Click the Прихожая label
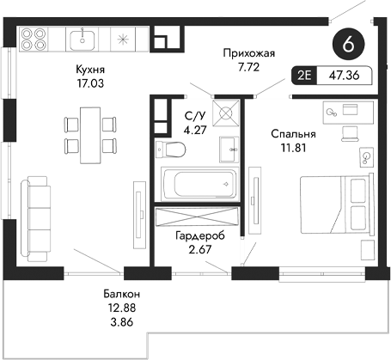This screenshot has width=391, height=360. click(x=247, y=52)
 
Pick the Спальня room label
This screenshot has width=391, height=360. click(x=293, y=134)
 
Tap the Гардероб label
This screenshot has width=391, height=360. click(x=198, y=235)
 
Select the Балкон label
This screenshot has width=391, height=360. click(x=119, y=295)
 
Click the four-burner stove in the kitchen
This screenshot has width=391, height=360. click(x=33, y=40)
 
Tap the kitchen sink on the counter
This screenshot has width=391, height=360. click(x=86, y=40)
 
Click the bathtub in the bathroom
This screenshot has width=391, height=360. click(x=199, y=183)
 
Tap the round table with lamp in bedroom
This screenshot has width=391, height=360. click(x=367, y=156)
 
